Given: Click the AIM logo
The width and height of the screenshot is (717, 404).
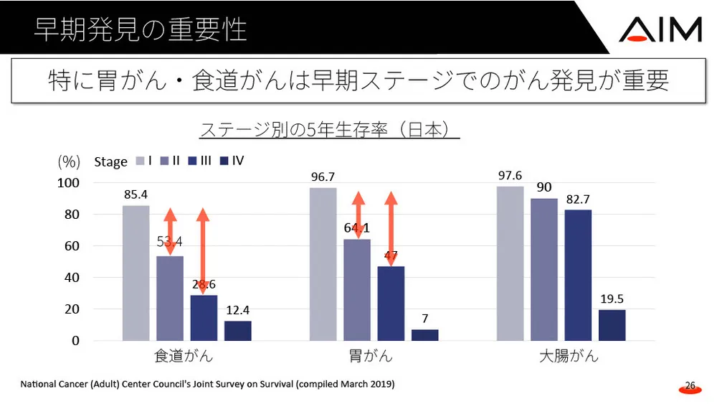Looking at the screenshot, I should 660,29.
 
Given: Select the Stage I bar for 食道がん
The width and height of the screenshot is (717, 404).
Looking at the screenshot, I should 136,273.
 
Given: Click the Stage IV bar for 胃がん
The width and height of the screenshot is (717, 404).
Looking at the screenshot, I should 425,335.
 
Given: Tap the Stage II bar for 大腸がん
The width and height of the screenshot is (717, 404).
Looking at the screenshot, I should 543,269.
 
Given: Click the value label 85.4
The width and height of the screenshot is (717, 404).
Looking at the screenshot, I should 136,194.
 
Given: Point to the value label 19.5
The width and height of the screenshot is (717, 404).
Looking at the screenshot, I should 612,298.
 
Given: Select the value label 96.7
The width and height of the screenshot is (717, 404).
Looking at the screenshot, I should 323,176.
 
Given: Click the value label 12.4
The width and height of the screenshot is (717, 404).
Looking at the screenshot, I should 238,309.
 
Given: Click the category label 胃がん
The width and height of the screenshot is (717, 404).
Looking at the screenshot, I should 374,356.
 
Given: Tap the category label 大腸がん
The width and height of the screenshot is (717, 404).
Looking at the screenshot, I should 569,356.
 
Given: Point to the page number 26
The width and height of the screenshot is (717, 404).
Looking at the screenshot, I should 690,386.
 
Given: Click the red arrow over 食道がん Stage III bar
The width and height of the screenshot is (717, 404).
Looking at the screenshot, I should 203,251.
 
